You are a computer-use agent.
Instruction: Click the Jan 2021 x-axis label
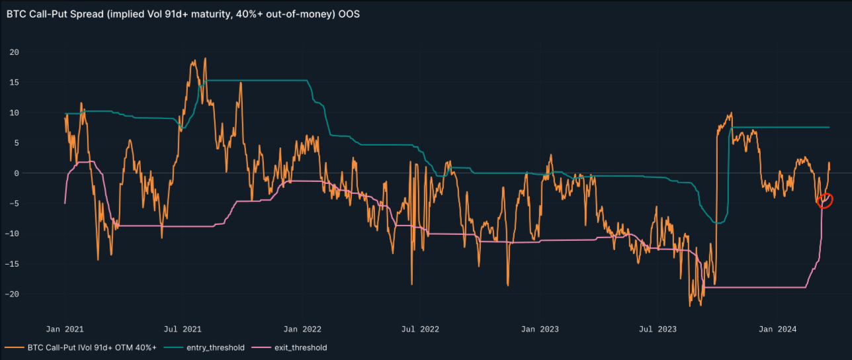coord(65,328)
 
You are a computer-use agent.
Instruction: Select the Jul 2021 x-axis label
coord(183,328)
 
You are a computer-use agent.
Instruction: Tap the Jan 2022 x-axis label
coord(303,328)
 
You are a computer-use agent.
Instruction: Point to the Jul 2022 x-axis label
coord(421,328)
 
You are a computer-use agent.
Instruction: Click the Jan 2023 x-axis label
coord(540,328)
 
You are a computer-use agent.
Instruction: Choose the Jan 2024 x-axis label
coord(778,328)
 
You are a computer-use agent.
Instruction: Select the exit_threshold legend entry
coord(297,347)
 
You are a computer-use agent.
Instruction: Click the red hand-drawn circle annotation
coord(825,201)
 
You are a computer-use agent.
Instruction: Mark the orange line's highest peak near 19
coord(205,58)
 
